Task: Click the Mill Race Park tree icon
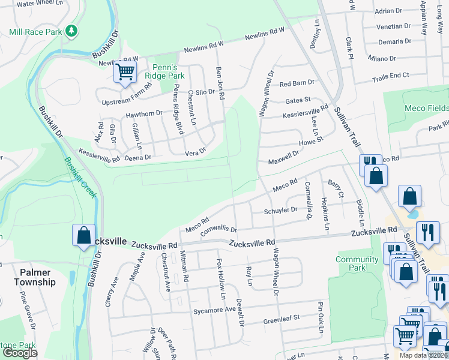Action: coord(71,30)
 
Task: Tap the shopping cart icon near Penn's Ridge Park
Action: coord(125,73)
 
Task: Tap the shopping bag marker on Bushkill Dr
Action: coord(83,235)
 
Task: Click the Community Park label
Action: coord(357,264)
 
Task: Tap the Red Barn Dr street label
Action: coord(297,83)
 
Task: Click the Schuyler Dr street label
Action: coord(280,211)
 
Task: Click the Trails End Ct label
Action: coord(390,76)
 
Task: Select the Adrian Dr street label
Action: coord(388,11)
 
